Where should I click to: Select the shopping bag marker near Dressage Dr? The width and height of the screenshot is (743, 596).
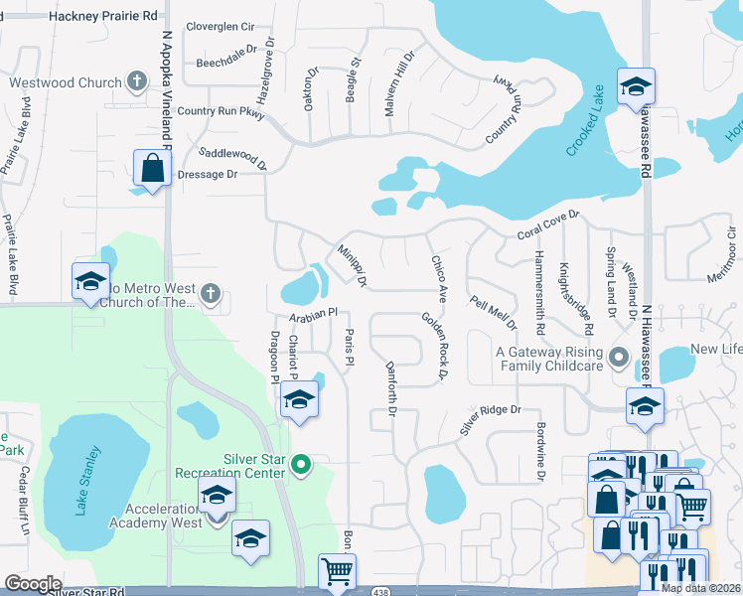tap(153, 169)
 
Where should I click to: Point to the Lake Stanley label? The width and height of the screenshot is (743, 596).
tap(87, 483)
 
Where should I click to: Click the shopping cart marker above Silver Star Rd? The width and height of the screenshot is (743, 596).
tap(337, 572)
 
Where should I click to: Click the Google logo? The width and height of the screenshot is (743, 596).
tap(33, 584)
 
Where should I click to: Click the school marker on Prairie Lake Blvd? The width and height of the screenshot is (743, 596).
tap(90, 281)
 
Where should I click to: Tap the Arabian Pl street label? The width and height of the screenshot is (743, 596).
tap(314, 315)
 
